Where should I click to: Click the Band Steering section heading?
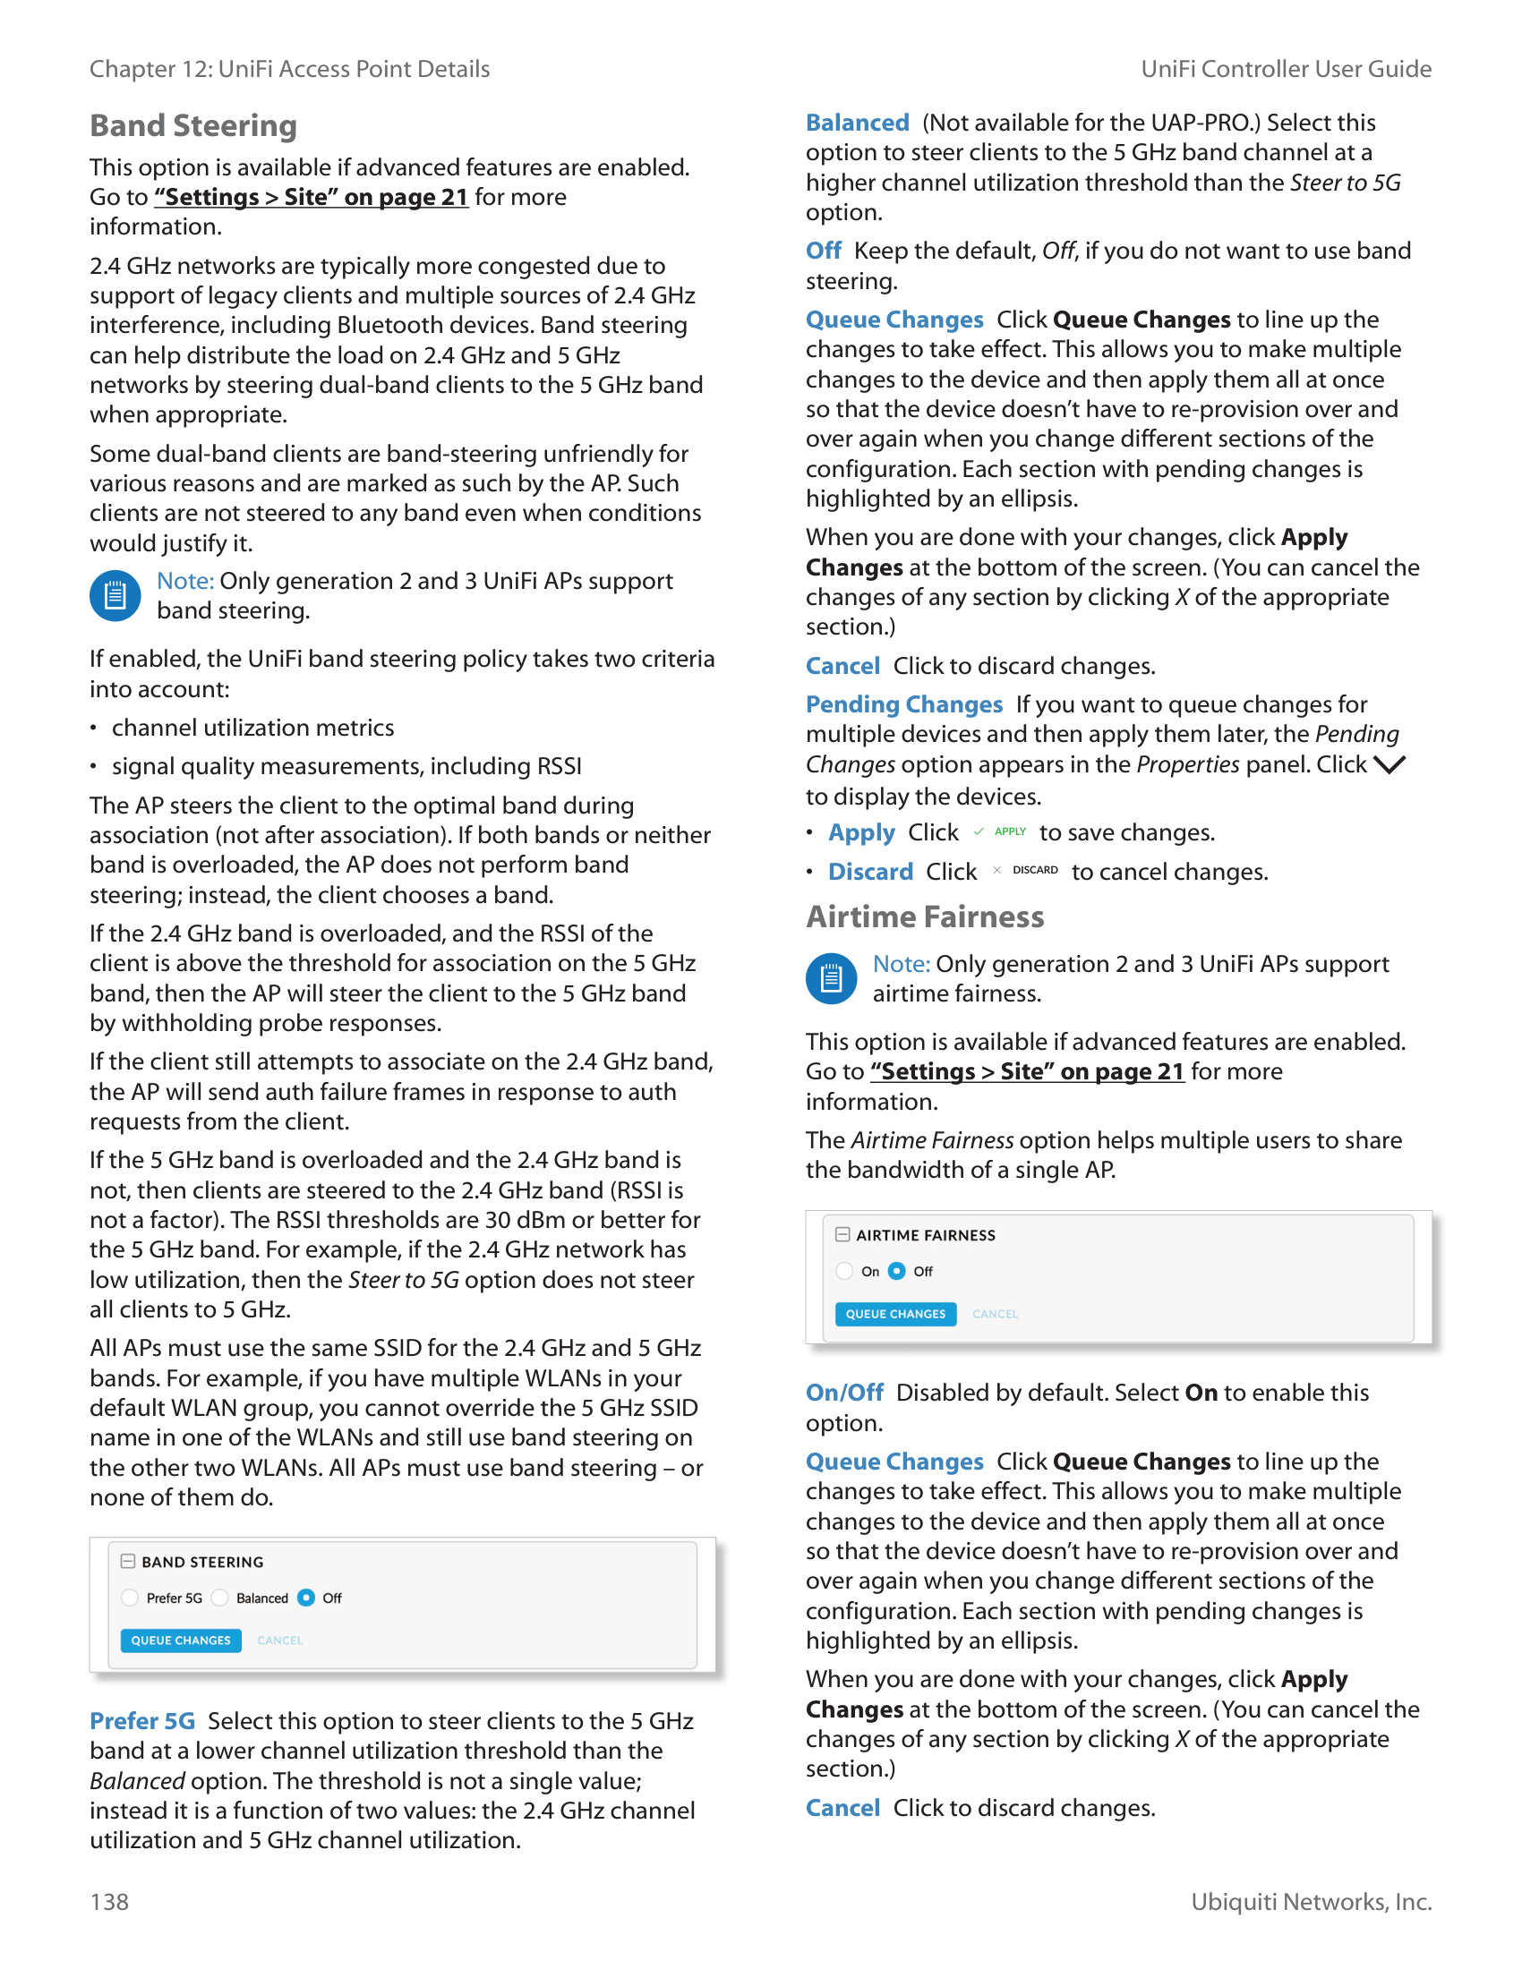click(193, 125)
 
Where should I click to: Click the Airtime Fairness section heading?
click(924, 916)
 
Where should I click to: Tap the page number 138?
click(109, 1901)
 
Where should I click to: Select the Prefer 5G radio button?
click(130, 1598)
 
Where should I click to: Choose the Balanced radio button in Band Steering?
click(220, 1598)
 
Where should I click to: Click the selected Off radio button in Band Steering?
click(306, 1598)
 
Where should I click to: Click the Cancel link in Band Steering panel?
click(279, 1641)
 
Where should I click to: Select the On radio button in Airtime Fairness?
click(845, 1271)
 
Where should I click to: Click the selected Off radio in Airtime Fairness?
click(897, 1271)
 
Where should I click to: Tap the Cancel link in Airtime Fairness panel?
click(995, 1315)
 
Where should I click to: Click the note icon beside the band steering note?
click(115, 596)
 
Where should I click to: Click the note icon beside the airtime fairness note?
click(831, 979)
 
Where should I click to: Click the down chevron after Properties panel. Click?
click(1389, 765)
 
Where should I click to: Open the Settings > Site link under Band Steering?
click(311, 198)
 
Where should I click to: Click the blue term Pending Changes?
click(903, 704)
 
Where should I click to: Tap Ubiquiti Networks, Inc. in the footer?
click(1311, 1901)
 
